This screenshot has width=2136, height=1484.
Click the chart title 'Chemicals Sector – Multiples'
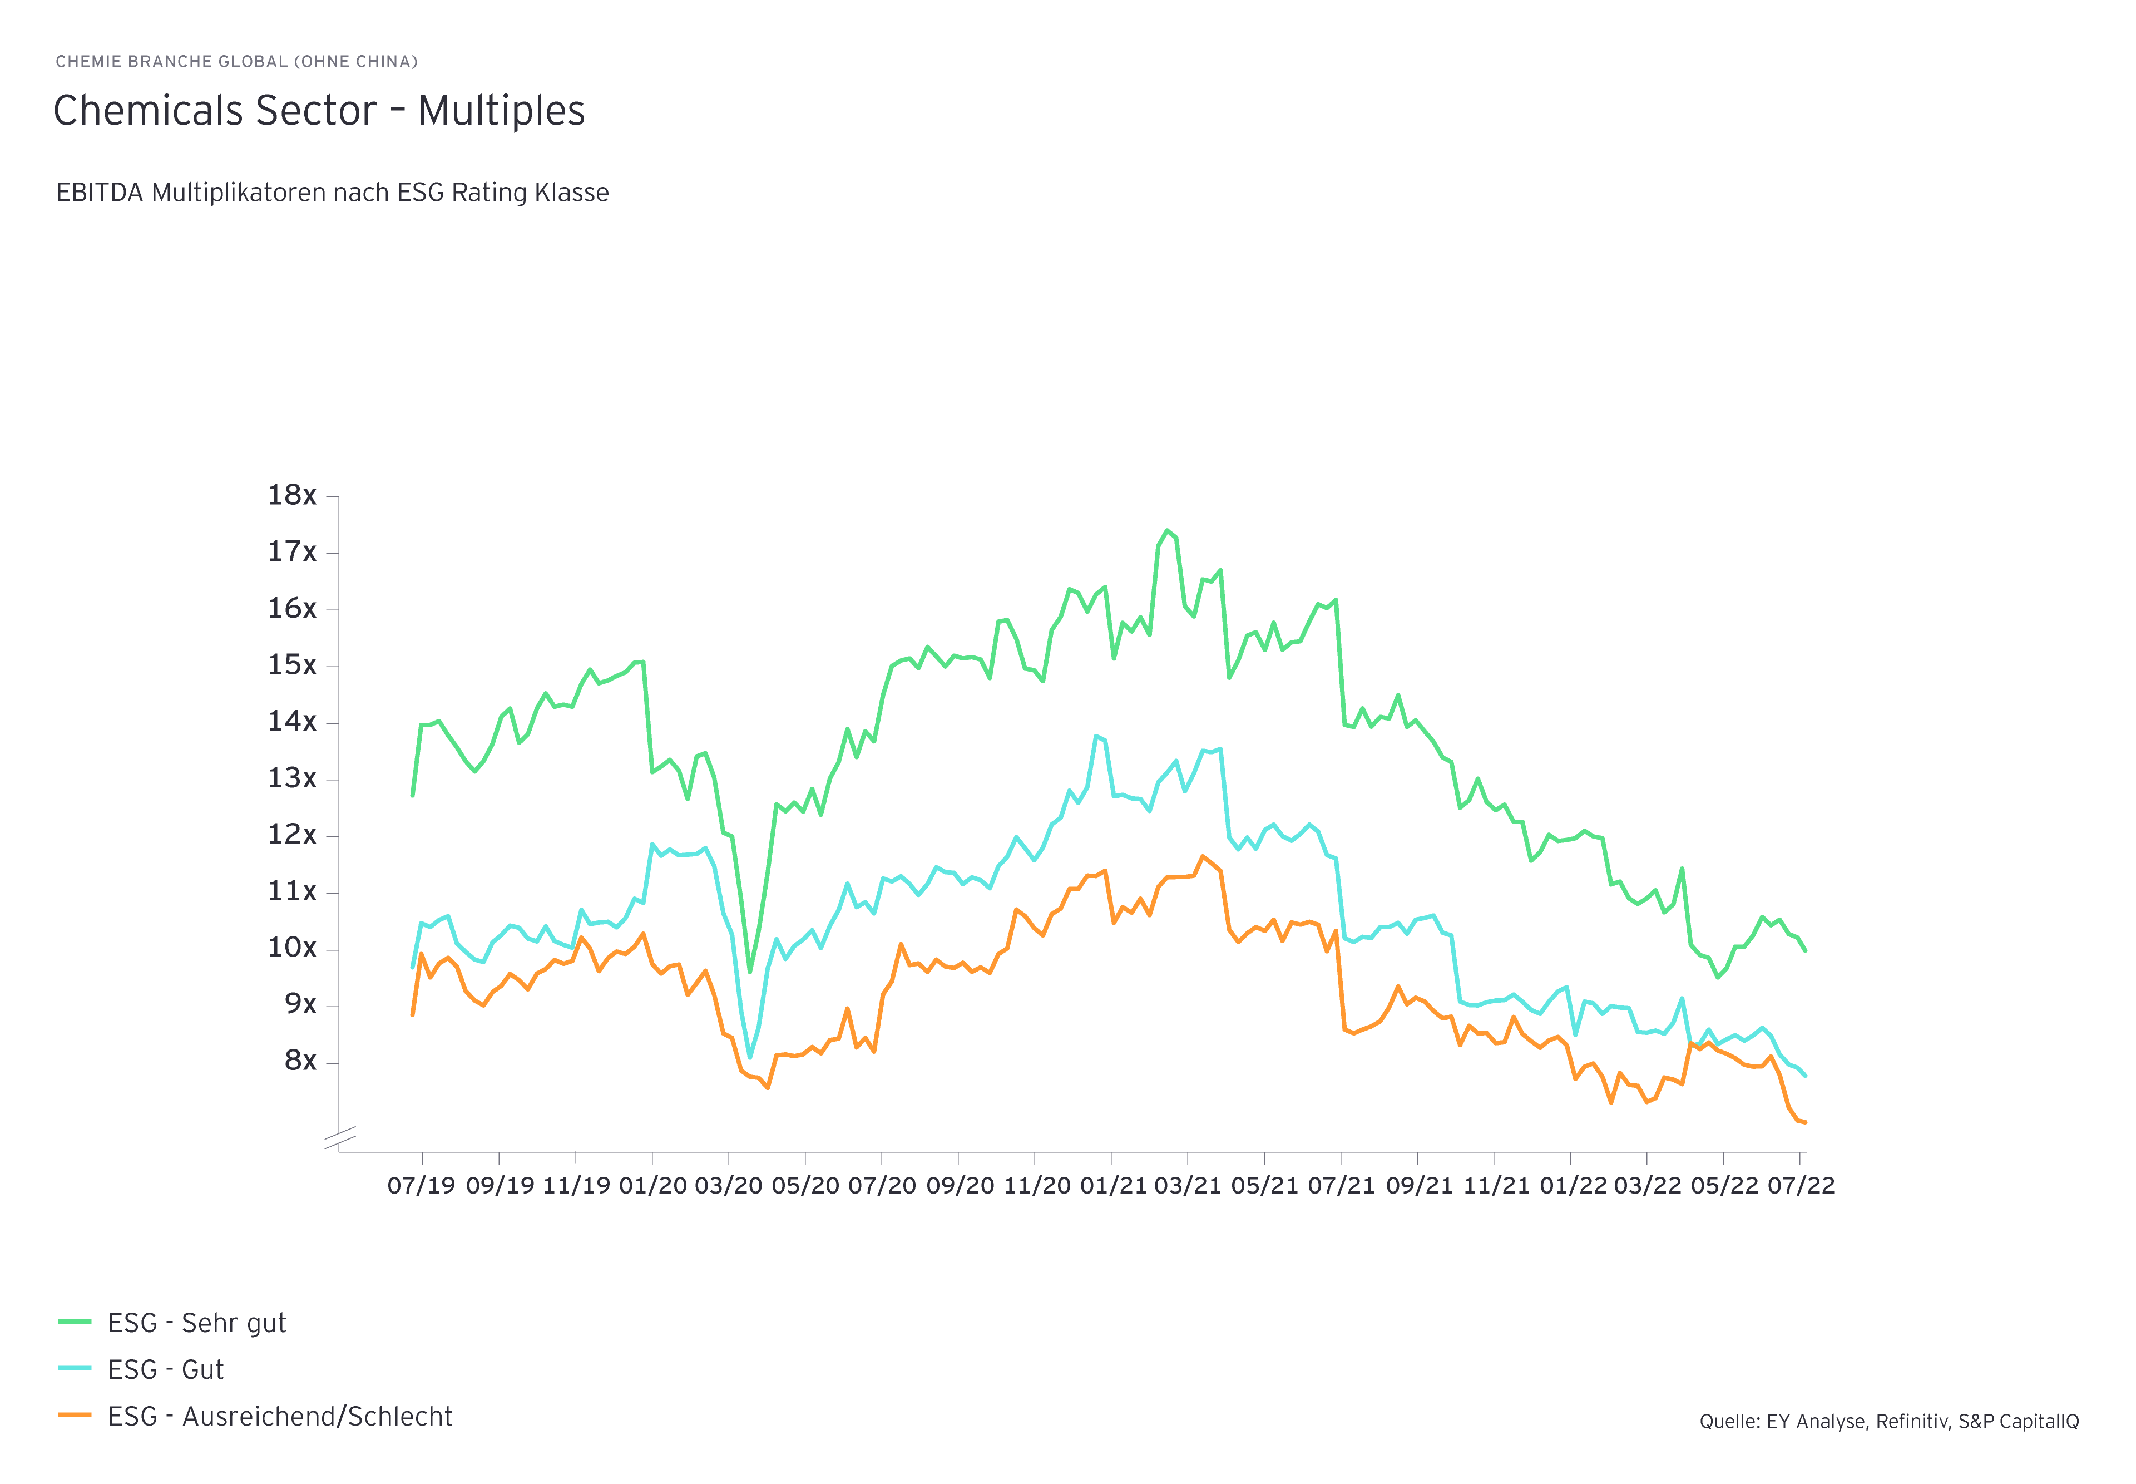click(319, 111)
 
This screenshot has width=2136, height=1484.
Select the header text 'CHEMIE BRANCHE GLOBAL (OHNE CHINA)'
click(236, 61)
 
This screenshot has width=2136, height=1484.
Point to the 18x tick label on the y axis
click(292, 496)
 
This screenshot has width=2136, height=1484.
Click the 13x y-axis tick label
click(292, 778)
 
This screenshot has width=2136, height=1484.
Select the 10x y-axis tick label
click(292, 948)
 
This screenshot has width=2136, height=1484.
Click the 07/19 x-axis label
click(421, 1186)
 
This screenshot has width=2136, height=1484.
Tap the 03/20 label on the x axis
click(728, 1186)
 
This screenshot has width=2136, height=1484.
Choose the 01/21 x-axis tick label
click(1111, 1186)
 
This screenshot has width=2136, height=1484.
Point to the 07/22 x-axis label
click(1801, 1186)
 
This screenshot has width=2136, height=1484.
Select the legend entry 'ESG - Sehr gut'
click(196, 1323)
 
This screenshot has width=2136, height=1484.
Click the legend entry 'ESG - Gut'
click(165, 1369)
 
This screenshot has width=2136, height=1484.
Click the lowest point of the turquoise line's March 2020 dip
click(750, 1057)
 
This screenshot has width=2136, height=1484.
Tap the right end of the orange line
click(1804, 1122)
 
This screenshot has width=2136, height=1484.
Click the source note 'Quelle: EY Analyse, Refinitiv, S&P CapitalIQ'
click(1889, 1422)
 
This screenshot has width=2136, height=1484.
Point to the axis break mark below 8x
click(340, 1138)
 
